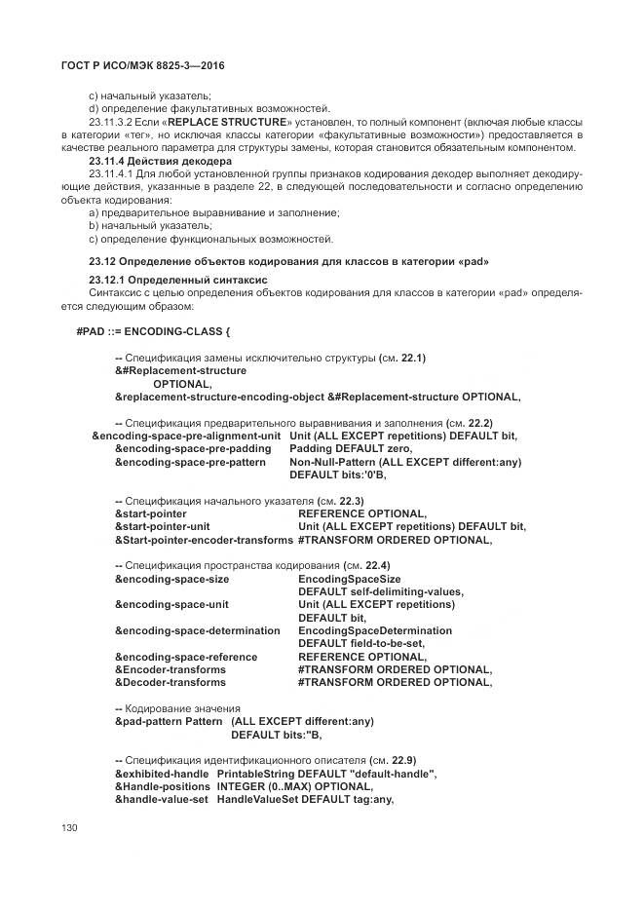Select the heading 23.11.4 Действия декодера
tap(160, 161)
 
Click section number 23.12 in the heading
tap(102, 261)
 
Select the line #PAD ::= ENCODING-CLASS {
tap(153, 331)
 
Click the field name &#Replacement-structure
tap(180, 370)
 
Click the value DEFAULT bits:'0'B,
tap(338, 474)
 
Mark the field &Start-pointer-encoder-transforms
tap(204, 540)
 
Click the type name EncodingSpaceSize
tap(349, 578)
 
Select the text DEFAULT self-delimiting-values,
tap(381, 591)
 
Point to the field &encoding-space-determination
tap(197, 630)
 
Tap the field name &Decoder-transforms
tap(170, 683)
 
